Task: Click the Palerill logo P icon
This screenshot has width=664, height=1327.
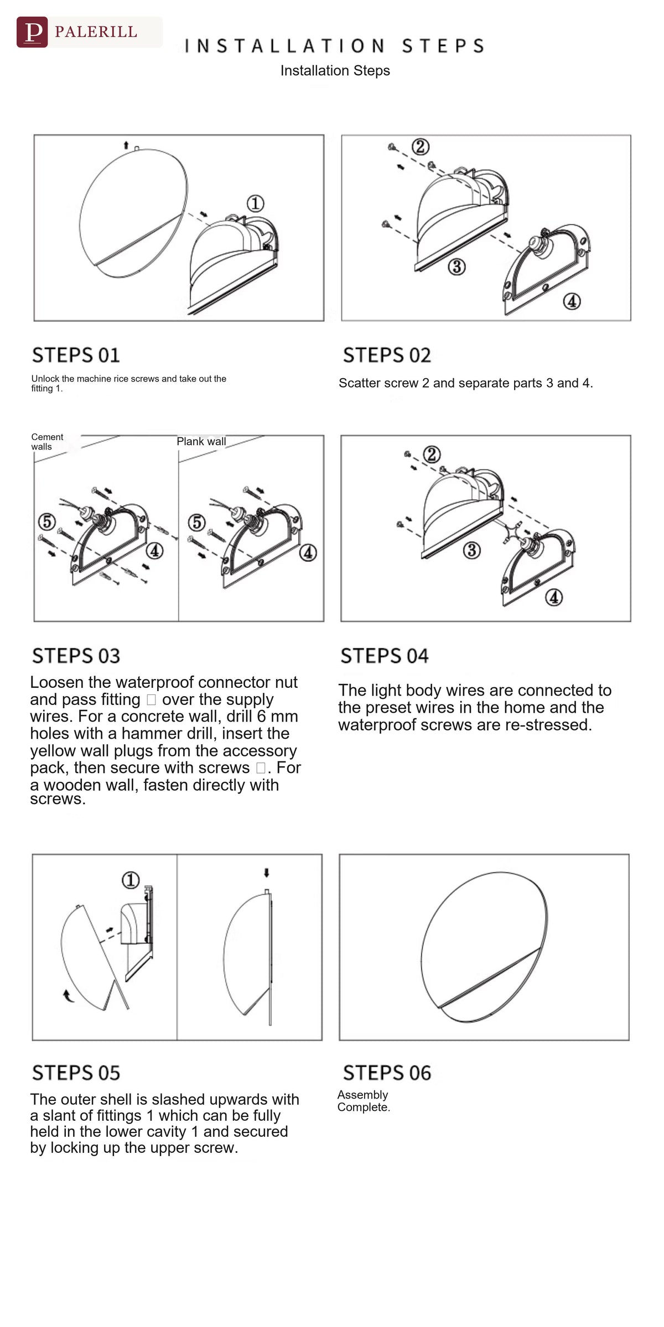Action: (32, 32)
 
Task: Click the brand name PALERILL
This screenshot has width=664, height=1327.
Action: (96, 32)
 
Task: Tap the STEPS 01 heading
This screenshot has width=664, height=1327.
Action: (76, 355)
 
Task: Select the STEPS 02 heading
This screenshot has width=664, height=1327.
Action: (387, 355)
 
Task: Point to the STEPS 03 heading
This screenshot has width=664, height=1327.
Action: (76, 656)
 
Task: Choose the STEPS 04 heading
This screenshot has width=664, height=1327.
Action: (385, 656)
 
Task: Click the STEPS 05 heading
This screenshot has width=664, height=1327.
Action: (76, 1073)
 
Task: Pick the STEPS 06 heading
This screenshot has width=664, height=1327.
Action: (387, 1073)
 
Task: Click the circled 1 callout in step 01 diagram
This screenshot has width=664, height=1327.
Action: (255, 203)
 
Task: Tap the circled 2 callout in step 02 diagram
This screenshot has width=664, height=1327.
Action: (421, 147)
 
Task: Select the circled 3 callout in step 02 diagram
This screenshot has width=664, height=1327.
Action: (456, 267)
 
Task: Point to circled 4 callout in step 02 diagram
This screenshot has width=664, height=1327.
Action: (572, 301)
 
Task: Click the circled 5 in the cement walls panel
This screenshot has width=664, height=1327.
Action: (47, 521)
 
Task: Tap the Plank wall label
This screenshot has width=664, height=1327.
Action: (201, 441)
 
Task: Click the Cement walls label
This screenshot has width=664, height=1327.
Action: (47, 442)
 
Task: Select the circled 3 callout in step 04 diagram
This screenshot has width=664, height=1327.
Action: (471, 550)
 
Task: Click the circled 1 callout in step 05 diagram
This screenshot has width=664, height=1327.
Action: (131, 880)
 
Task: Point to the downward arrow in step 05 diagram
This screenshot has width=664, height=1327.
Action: (267, 873)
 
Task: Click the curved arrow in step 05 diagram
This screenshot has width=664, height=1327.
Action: (68, 995)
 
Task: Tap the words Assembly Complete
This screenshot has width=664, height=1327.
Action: (364, 1100)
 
